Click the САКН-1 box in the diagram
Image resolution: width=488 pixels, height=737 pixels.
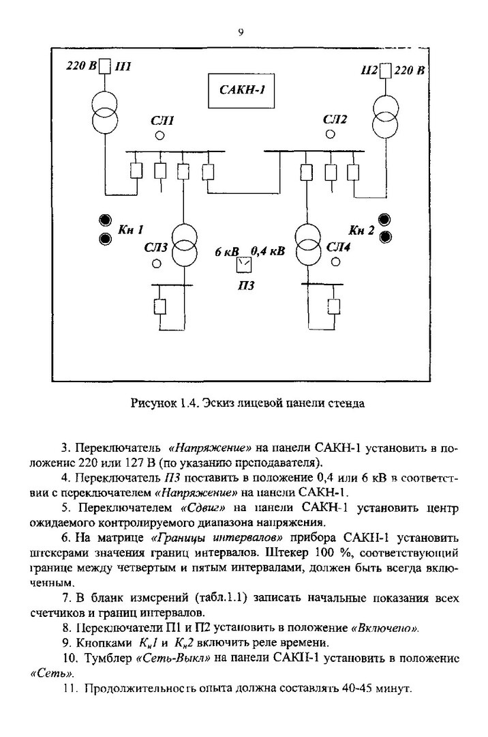[x=242, y=91]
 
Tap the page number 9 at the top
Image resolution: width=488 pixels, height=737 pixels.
[x=241, y=31]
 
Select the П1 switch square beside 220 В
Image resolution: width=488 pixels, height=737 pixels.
[x=105, y=66]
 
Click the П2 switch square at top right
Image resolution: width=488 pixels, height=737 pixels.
[x=385, y=70]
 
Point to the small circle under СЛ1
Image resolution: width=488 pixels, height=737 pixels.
[x=159, y=136]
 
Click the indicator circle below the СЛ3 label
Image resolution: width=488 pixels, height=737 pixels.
[x=157, y=263]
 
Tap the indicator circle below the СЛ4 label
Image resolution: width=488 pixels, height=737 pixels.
[x=335, y=262]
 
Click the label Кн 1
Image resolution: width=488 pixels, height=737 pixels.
[x=131, y=229]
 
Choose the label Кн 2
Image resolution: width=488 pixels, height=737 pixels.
[x=361, y=229]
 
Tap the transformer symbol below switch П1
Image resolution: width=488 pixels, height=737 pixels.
[x=105, y=112]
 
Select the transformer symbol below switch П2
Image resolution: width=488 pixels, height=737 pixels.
[x=385, y=115]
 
